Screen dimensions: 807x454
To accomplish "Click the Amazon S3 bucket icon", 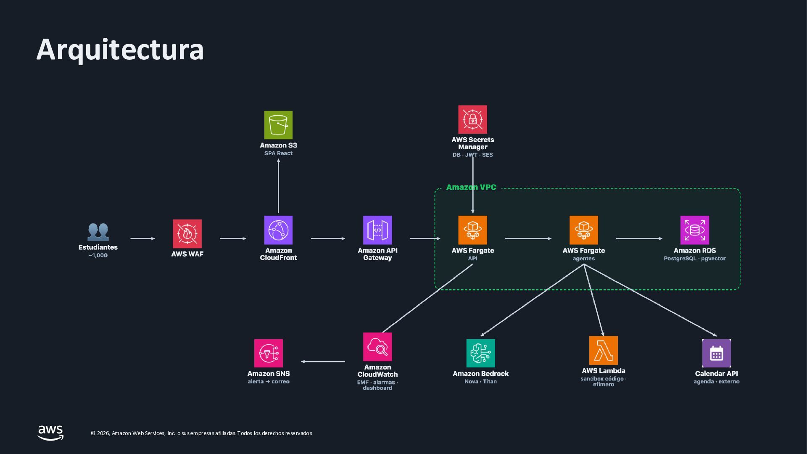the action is pyautogui.click(x=278, y=125).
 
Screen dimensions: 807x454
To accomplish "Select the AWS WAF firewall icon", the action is pyautogui.click(x=187, y=234).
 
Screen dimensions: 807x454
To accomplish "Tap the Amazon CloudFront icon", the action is pyautogui.click(x=278, y=230).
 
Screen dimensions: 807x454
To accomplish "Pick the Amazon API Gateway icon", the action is pyautogui.click(x=377, y=230).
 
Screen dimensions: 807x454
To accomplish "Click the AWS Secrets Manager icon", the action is pyautogui.click(x=472, y=119).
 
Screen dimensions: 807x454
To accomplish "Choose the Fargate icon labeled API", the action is pyautogui.click(x=472, y=230).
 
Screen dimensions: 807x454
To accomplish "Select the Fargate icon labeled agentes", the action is pyautogui.click(x=583, y=230).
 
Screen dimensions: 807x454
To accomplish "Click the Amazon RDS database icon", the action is pyautogui.click(x=694, y=230).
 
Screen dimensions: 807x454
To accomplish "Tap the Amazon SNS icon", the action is pyautogui.click(x=268, y=353).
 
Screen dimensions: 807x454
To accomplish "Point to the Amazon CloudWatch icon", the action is pyautogui.click(x=377, y=347).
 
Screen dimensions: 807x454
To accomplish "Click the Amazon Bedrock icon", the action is pyautogui.click(x=480, y=353).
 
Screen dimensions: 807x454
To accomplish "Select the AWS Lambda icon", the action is pyautogui.click(x=603, y=350).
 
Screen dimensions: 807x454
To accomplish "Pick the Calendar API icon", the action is pyautogui.click(x=716, y=353).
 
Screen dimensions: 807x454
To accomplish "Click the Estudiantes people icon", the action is pyautogui.click(x=98, y=232).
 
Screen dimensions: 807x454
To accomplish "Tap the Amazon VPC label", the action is pyautogui.click(x=471, y=187).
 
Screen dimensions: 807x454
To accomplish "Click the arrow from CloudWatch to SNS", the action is pyautogui.click(x=323, y=362).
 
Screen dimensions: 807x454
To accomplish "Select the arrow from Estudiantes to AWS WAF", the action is pyautogui.click(x=142, y=238).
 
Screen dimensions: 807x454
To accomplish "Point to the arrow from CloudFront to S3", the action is pyautogui.click(x=278, y=186).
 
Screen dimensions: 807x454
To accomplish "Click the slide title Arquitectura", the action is pyautogui.click(x=120, y=50).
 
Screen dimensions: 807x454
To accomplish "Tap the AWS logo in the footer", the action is pyautogui.click(x=50, y=433).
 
